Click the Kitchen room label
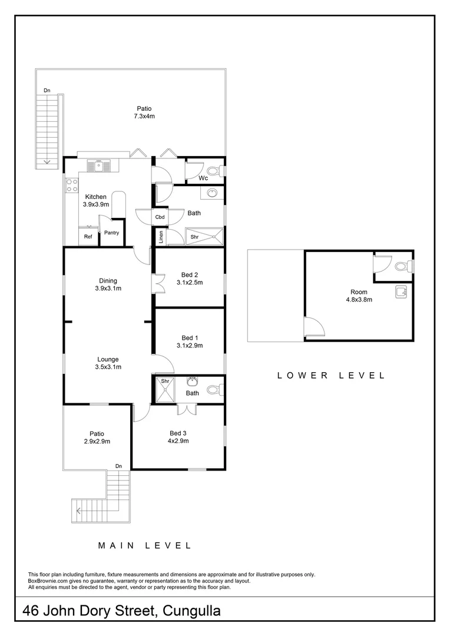tap(95, 197)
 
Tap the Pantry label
tap(111, 233)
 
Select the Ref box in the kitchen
tap(88, 237)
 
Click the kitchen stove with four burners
tap(72, 185)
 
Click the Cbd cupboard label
tap(160, 217)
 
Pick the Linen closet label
tap(160, 237)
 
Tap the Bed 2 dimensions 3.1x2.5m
tap(189, 282)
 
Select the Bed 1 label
tap(189, 337)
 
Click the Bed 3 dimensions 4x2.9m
tap(177, 440)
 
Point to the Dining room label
tap(108, 280)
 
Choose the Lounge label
tap(108, 359)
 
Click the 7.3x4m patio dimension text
tap(144, 116)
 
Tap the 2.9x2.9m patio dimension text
tap(97, 441)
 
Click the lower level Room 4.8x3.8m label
tap(359, 296)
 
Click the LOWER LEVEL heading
tap(332, 375)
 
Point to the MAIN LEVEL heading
tap(144, 545)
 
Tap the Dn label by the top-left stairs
tap(47, 90)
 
